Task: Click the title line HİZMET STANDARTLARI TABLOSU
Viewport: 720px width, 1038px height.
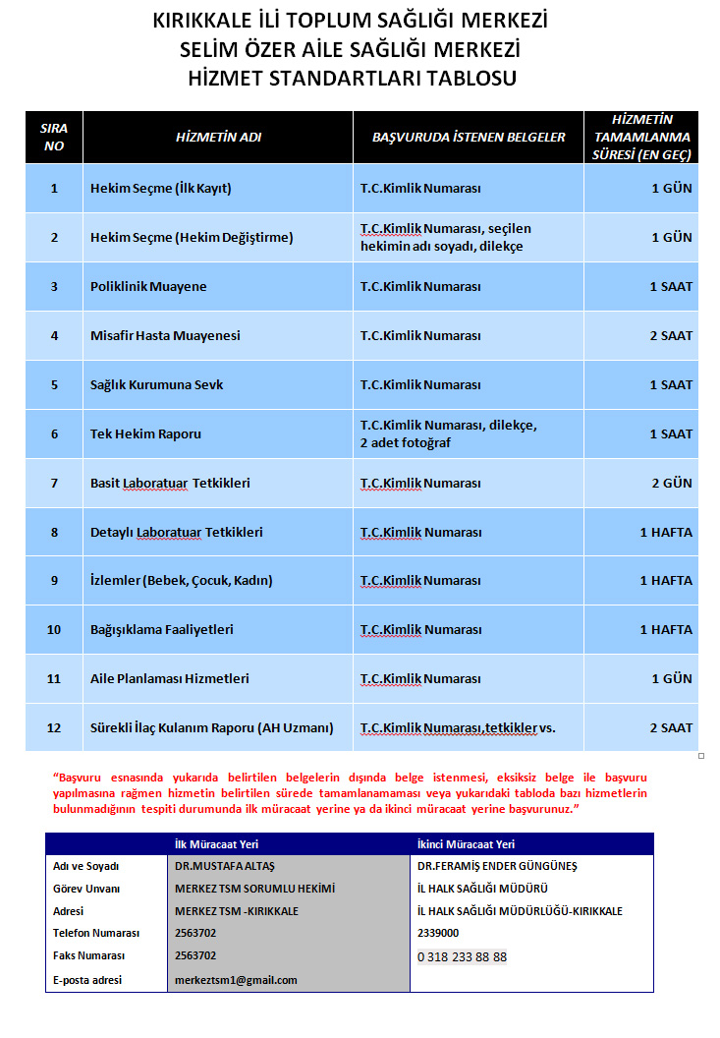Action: click(x=352, y=79)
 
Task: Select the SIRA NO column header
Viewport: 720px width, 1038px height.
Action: click(x=54, y=138)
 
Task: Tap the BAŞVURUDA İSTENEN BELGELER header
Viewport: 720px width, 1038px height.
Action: click(x=469, y=138)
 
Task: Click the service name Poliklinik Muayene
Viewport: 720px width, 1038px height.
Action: click(x=148, y=287)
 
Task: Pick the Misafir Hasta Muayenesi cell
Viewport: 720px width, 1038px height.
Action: click(x=165, y=336)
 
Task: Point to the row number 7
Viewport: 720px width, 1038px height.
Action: click(x=54, y=483)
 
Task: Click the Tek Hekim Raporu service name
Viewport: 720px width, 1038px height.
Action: click(x=145, y=433)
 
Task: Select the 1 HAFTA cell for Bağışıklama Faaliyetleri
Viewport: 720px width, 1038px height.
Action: click(x=665, y=629)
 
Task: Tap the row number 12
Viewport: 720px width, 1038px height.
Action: click(x=54, y=728)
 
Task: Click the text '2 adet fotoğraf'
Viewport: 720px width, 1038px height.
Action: click(x=406, y=443)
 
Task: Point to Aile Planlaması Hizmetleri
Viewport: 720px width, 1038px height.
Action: click(x=169, y=678)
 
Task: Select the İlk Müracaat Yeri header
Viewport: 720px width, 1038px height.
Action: click(x=216, y=844)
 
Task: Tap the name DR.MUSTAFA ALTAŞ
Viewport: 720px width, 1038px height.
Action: click(x=223, y=866)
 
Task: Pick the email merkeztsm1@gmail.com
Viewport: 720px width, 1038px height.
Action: click(x=236, y=980)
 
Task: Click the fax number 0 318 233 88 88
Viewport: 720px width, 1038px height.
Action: click(x=463, y=956)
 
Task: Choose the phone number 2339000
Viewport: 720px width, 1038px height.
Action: click(x=438, y=933)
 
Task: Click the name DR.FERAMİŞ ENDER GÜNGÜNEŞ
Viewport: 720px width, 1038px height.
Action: click(x=497, y=866)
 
